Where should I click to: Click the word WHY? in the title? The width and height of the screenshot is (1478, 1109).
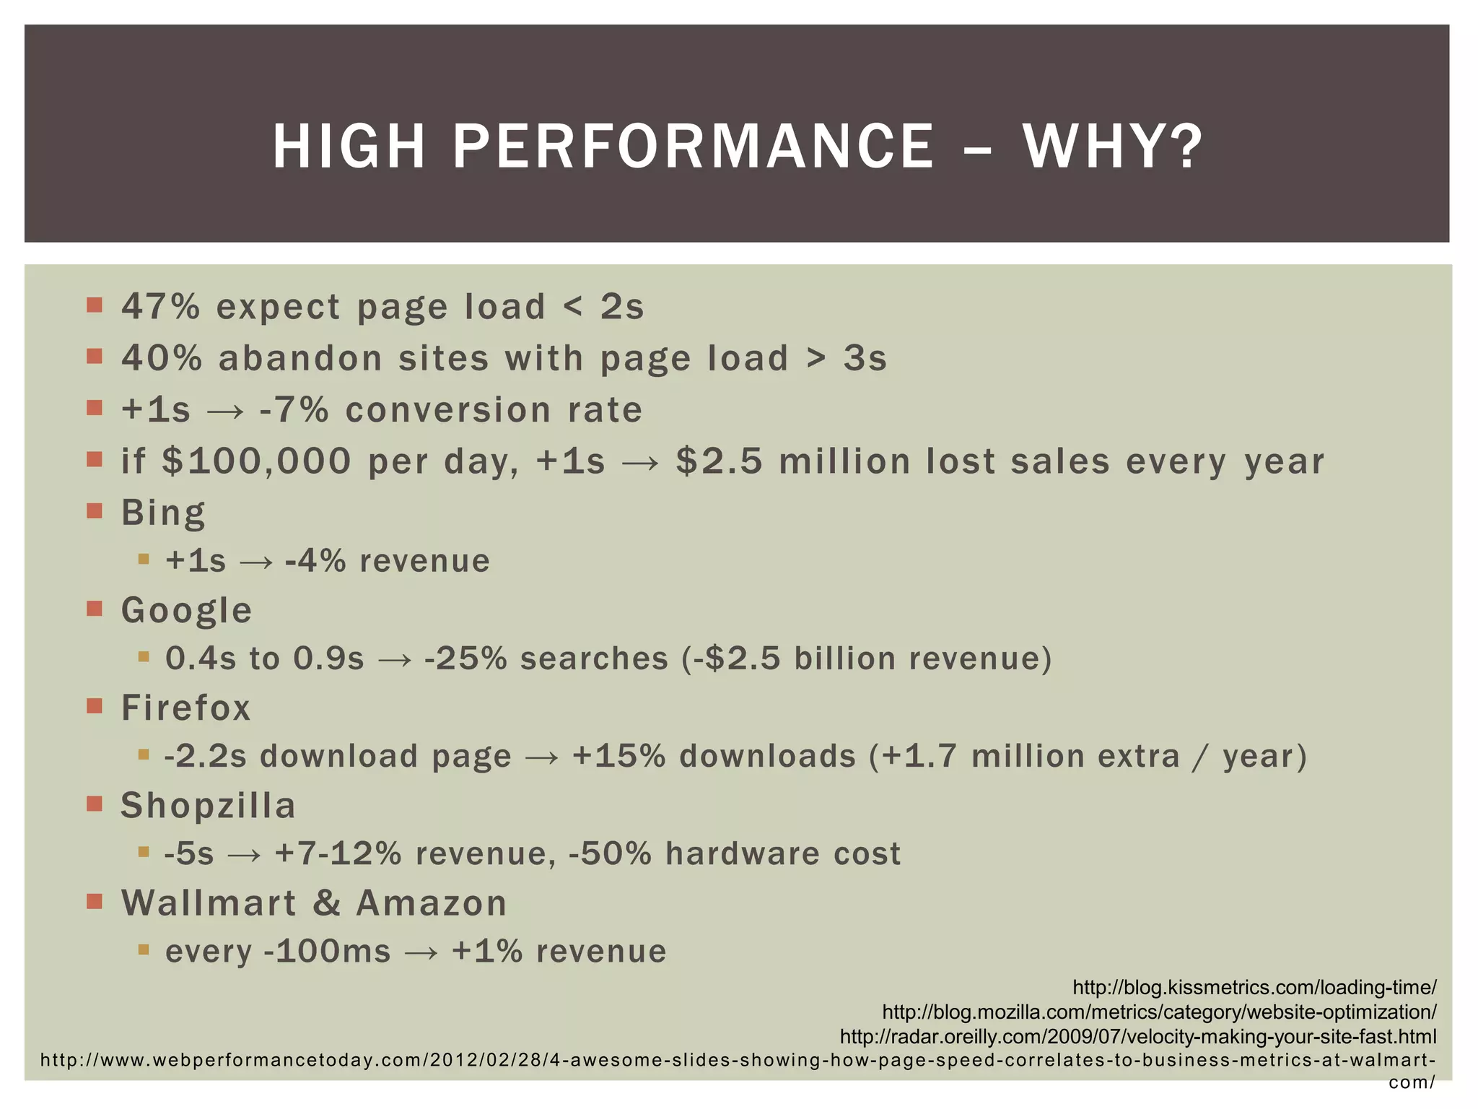pyautogui.click(x=1112, y=147)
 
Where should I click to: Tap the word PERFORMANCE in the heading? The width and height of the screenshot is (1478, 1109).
pyautogui.click(x=693, y=147)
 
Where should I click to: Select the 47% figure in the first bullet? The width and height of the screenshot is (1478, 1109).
pyautogui.click(x=160, y=306)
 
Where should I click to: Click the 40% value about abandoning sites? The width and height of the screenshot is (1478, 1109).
pyautogui.click(x=162, y=358)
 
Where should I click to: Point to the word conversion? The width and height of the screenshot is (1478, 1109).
pyautogui.click(x=448, y=410)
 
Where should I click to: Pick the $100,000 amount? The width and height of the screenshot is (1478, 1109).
pyautogui.click(x=256, y=461)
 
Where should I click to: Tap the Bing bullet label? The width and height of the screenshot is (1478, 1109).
pyautogui.click(x=163, y=513)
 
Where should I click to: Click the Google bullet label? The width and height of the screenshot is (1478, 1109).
pyautogui.click(x=186, y=610)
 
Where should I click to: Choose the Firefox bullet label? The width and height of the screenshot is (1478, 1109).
pyautogui.click(x=185, y=708)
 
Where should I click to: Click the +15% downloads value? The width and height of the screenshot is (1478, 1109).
pyautogui.click(x=619, y=756)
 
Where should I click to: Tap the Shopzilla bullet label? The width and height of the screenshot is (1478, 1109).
pyautogui.click(x=208, y=806)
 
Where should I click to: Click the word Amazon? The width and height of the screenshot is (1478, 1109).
pyautogui.click(x=432, y=903)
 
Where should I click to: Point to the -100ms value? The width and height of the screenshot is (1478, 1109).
pyautogui.click(x=328, y=952)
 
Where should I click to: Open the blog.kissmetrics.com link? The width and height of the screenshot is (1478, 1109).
pyautogui.click(x=1254, y=988)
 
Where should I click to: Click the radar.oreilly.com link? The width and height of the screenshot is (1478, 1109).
pyautogui.click(x=1138, y=1037)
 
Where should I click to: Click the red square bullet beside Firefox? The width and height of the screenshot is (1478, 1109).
pyautogui.click(x=95, y=705)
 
